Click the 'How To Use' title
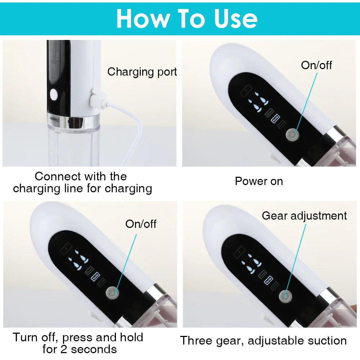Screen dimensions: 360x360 (x=187, y=18)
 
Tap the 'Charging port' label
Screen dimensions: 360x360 (x=142, y=72)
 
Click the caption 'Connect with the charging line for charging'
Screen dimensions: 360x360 (x=82, y=182)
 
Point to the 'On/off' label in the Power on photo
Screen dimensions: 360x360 (x=316, y=65)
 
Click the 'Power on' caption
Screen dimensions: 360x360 (x=259, y=181)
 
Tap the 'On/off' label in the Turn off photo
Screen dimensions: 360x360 (x=141, y=224)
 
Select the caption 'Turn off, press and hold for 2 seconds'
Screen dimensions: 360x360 (x=78, y=343)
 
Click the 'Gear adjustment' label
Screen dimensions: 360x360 (x=304, y=216)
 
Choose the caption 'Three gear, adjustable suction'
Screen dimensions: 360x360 (x=263, y=341)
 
